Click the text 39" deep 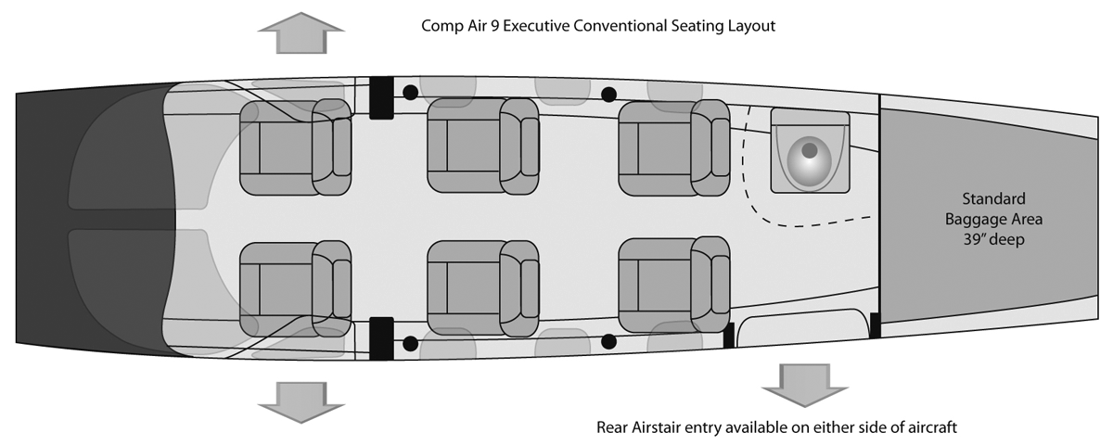click(992, 239)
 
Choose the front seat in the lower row click(295, 287)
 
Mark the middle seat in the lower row click(482, 287)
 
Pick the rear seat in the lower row click(673, 284)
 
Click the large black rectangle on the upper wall click(381, 96)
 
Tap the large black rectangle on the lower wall click(381, 338)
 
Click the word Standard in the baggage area click(992, 198)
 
